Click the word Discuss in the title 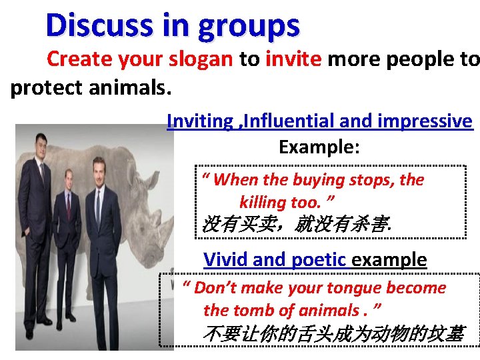point(89,25)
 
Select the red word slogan point(199,59)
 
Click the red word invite point(293,59)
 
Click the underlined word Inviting point(200,121)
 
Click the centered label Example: point(319,147)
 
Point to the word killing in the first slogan point(263,201)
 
